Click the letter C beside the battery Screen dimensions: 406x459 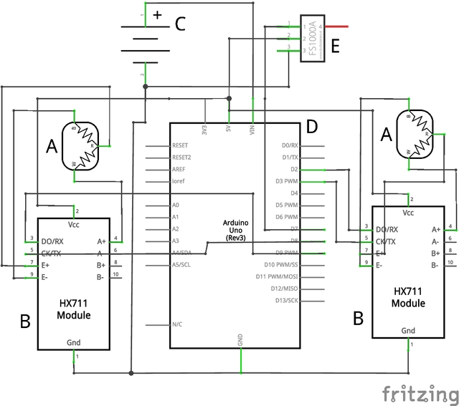[181, 24]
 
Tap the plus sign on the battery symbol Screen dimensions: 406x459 [158, 14]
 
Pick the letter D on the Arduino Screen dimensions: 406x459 [311, 127]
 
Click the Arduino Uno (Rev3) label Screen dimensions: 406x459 [236, 231]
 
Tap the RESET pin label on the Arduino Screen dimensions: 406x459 [181, 145]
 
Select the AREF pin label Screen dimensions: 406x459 [179, 169]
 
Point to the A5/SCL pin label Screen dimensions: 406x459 [181, 264]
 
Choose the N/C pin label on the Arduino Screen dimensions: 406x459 [178, 324]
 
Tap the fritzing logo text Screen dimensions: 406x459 [419, 393]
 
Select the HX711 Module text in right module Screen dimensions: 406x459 [407, 297]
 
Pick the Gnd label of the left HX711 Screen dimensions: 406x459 [74, 342]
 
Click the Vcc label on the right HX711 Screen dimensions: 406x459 [408, 213]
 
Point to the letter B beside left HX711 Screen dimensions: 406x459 [25, 322]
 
